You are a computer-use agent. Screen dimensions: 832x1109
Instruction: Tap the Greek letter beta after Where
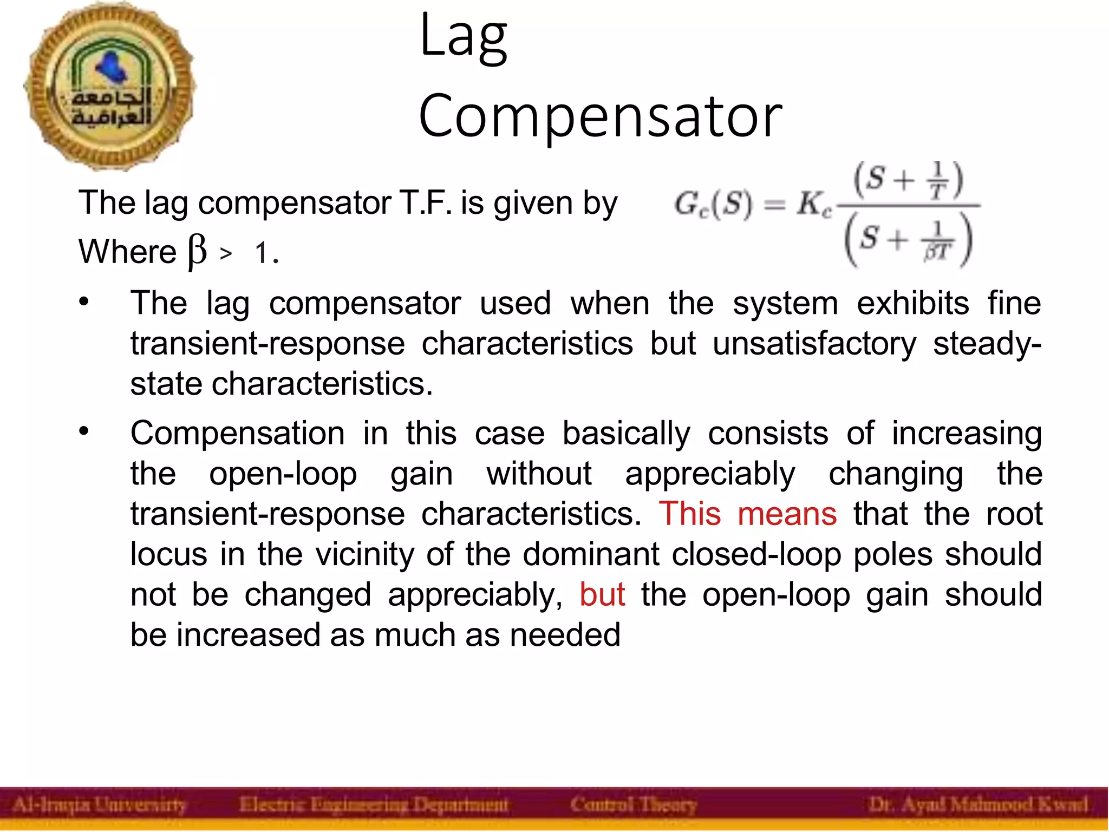[x=197, y=252]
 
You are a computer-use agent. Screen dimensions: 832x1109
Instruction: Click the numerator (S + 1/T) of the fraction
[x=908, y=180]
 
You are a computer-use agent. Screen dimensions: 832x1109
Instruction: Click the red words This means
[x=747, y=514]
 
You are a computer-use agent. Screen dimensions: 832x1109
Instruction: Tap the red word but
[x=602, y=594]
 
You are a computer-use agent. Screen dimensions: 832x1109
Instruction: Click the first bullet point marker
[x=83, y=302]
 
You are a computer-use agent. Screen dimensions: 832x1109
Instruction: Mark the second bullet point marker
[x=83, y=431]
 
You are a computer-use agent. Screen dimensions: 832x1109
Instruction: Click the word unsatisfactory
[x=814, y=344]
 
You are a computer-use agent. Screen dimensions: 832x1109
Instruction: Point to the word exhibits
[x=912, y=303]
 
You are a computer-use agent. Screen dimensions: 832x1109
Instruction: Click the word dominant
[x=591, y=554]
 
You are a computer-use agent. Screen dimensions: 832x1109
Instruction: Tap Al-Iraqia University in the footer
[x=99, y=805]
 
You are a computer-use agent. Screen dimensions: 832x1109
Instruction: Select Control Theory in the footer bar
[x=633, y=805]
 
